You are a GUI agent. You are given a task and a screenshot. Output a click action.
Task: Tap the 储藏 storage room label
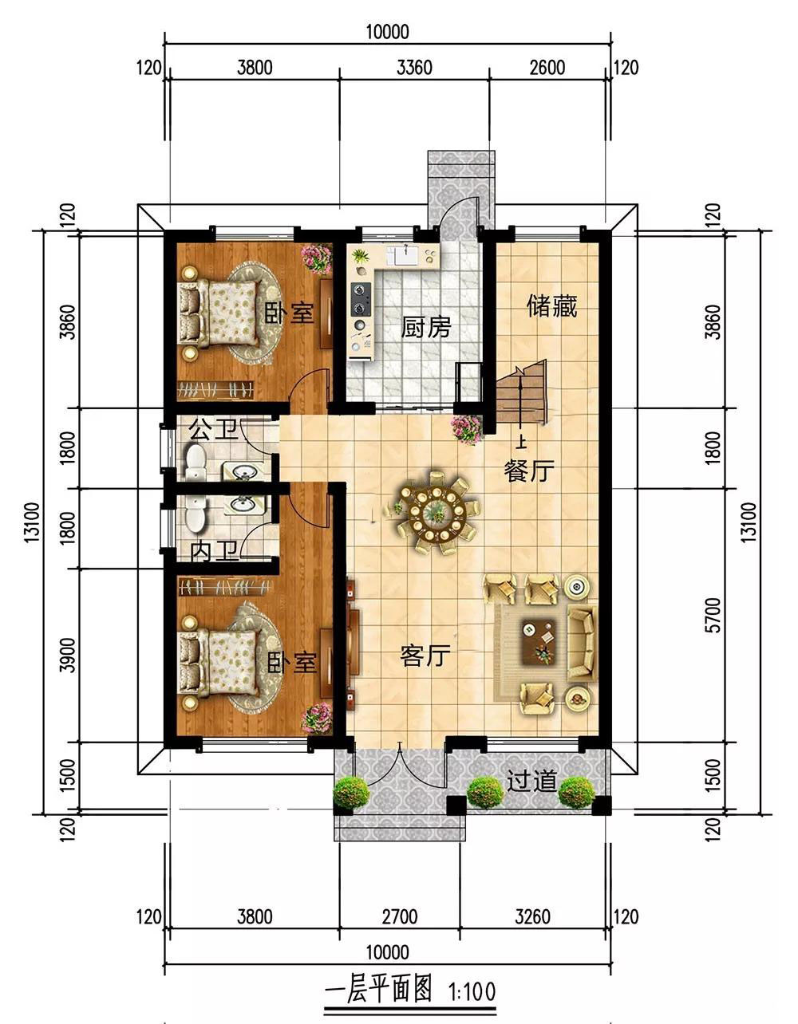[x=551, y=306]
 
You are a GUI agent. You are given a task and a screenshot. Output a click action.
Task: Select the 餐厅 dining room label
[x=529, y=471]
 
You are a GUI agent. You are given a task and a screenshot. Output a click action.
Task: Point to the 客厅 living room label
[x=425, y=656]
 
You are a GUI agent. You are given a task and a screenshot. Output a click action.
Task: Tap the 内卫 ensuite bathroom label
[x=215, y=552]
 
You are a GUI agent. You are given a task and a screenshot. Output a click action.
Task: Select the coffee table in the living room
[x=539, y=642]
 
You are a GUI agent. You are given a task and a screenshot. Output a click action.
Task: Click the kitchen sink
[x=406, y=256]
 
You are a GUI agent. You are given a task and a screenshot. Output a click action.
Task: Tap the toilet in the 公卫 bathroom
[x=196, y=461]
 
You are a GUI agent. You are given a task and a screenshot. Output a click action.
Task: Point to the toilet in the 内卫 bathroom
[x=196, y=513]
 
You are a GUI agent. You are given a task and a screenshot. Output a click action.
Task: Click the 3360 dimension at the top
[x=414, y=67]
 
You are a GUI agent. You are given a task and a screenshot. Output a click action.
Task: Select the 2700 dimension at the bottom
[x=400, y=916]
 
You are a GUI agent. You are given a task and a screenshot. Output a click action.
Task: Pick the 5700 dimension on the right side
[x=714, y=615]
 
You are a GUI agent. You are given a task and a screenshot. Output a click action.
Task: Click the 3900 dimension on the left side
[x=69, y=655]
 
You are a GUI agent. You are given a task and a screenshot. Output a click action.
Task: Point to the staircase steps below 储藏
[x=521, y=392]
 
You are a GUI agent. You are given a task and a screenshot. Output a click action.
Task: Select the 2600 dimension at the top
[x=547, y=67]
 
